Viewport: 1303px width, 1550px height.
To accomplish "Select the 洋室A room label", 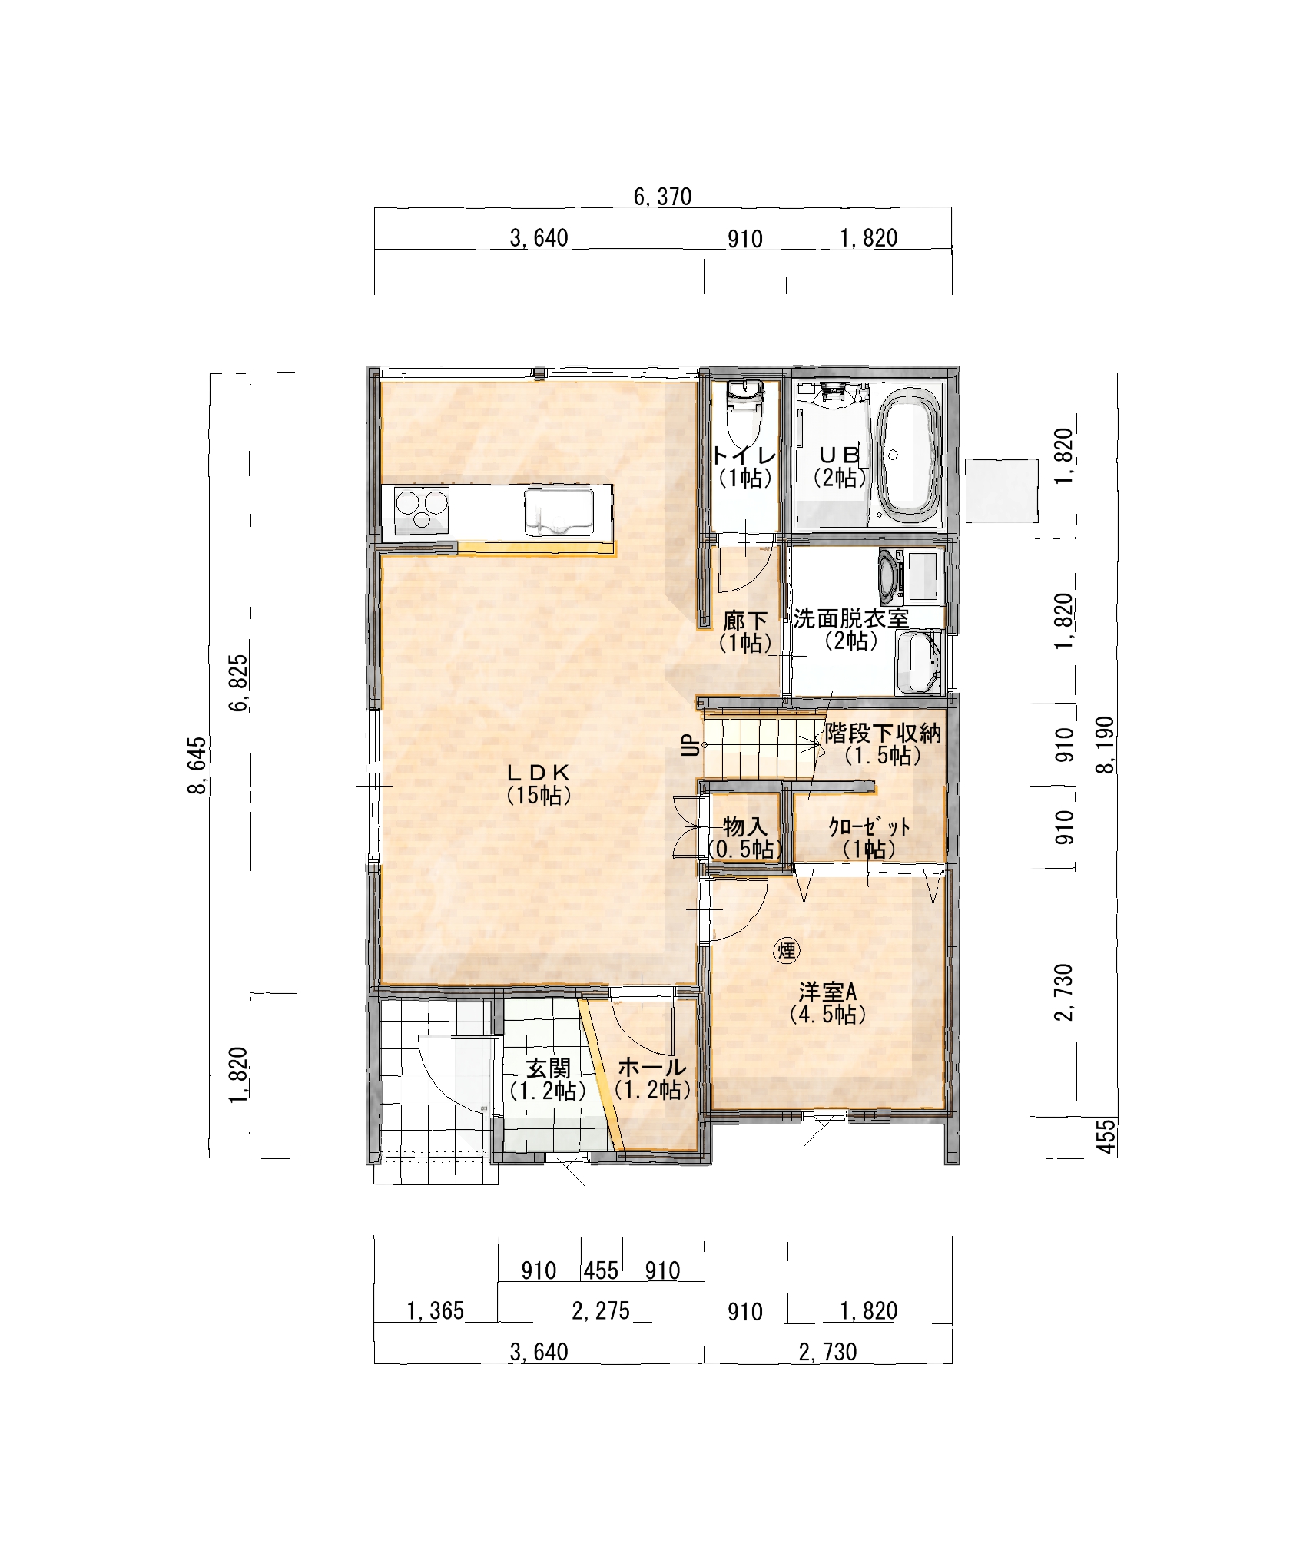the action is click(x=829, y=992).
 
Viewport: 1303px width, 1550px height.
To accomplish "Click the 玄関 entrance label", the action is click(x=548, y=1068).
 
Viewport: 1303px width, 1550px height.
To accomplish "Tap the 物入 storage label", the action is click(x=745, y=827).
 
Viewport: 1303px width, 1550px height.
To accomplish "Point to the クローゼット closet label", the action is click(x=869, y=826).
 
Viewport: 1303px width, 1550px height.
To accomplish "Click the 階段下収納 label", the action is click(x=883, y=734).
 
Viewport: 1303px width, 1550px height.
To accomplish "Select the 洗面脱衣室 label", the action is click(x=850, y=618).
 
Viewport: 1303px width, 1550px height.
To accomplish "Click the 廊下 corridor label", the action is click(x=745, y=620).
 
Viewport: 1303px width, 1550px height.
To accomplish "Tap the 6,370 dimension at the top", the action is click(x=662, y=197).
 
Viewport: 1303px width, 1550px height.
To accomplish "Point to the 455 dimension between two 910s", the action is click(x=601, y=1270).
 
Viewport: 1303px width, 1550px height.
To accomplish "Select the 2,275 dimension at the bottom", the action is click(x=601, y=1310).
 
